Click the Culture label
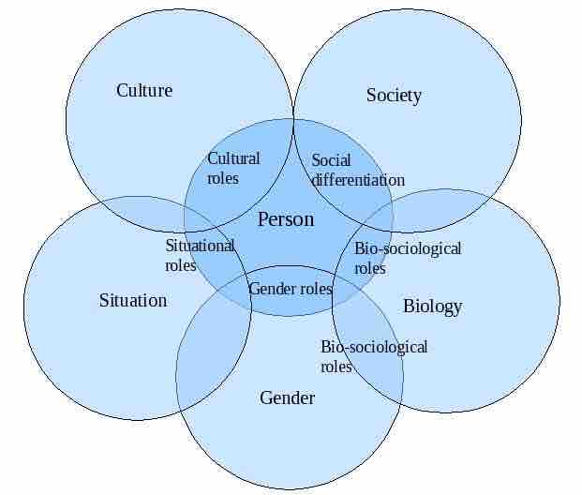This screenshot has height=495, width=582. (144, 90)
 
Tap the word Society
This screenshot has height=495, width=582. (394, 96)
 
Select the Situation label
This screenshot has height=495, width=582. (133, 300)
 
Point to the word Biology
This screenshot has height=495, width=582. (433, 307)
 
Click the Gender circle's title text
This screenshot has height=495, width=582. (287, 397)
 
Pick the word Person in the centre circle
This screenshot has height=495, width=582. (286, 218)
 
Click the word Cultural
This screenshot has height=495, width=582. (233, 158)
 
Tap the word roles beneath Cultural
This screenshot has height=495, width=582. (223, 178)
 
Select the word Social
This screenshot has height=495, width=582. (331, 160)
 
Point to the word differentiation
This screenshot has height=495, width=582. (358, 180)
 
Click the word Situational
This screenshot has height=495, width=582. (200, 246)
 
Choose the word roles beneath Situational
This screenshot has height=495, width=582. (180, 265)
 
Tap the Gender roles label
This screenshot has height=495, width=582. (290, 289)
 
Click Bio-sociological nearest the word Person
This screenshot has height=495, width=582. (408, 248)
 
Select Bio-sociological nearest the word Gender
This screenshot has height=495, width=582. (374, 347)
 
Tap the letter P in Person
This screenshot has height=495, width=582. (263, 218)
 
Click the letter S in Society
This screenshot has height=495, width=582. (371, 95)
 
